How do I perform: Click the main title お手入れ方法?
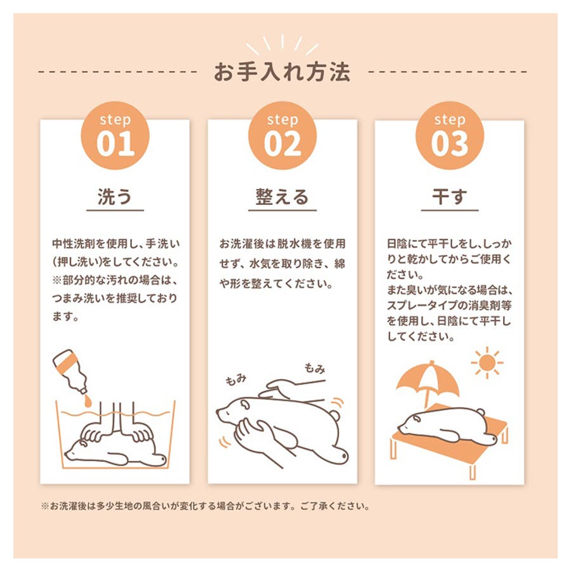282,72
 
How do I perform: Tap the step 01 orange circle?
115,136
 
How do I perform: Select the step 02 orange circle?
282,136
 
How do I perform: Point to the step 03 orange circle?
450,136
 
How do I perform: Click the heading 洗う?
115,197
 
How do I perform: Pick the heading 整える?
282,197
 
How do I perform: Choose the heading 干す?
450,197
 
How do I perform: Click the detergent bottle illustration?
70,371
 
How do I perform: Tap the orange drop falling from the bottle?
88,401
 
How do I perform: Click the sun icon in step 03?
487,363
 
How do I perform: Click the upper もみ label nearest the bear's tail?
315,369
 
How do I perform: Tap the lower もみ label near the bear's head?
236,380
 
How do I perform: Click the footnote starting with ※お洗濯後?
206,506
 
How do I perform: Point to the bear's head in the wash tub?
77,450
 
